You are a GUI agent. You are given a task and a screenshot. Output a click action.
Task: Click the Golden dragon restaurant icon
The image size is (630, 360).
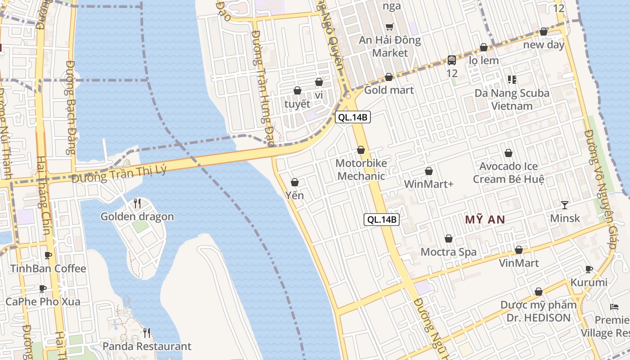pos(137,203)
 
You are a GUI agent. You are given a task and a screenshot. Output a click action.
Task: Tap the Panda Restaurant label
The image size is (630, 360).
pos(147,346)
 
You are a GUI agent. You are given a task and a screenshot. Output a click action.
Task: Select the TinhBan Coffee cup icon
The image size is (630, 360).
pos(48,256)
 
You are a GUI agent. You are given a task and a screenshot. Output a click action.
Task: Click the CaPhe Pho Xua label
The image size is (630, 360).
pos(43,301)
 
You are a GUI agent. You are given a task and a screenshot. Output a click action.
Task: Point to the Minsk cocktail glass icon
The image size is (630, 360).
pos(565,205)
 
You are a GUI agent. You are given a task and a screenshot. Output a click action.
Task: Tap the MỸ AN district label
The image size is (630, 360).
pos(485,220)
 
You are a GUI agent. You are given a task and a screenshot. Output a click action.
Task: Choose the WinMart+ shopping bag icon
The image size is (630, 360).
pos(429,171)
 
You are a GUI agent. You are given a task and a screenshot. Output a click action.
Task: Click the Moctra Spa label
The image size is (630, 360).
pos(448,252)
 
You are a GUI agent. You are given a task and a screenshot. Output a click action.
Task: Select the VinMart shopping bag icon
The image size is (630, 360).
pos(519,250)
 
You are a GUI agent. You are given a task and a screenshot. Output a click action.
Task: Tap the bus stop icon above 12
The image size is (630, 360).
pos(451,60)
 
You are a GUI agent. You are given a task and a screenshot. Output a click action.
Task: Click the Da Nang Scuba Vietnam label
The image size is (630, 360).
pos(512,99)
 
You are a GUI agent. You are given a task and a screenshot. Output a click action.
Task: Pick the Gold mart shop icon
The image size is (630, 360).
pos(389,77)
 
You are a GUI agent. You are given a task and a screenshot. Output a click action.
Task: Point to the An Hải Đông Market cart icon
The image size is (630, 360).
pos(389,27)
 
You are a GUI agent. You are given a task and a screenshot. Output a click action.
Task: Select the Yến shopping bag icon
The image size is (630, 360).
pos(295,182)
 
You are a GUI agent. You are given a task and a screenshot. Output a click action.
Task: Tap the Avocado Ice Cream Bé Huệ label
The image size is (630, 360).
pos(508,172)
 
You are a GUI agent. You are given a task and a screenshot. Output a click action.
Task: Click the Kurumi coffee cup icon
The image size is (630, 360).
pos(589,270)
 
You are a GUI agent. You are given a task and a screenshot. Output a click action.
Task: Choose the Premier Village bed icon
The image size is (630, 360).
pos(614,307)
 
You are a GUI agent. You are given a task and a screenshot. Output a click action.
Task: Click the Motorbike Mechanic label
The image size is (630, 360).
pos(361,169)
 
